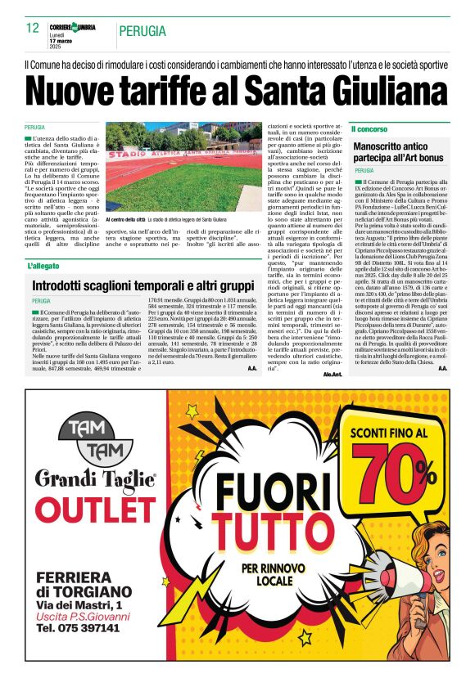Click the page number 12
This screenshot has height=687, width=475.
[33, 28]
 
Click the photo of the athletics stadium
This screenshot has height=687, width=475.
[181, 168]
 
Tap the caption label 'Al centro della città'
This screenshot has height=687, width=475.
[125, 221]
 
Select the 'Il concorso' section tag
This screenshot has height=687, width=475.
[369, 129]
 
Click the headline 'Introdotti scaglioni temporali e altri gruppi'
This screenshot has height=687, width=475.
[143, 286]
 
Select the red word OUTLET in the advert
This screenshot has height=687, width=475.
[95, 510]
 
